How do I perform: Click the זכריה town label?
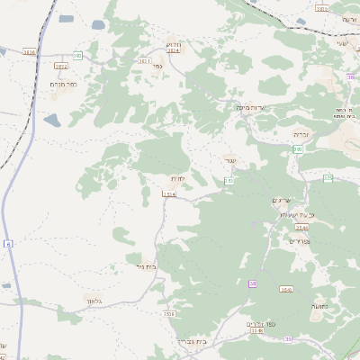301,134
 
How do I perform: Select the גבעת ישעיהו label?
300,215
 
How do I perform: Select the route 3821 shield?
145,61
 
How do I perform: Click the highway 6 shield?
8,244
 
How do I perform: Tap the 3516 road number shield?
169,313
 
